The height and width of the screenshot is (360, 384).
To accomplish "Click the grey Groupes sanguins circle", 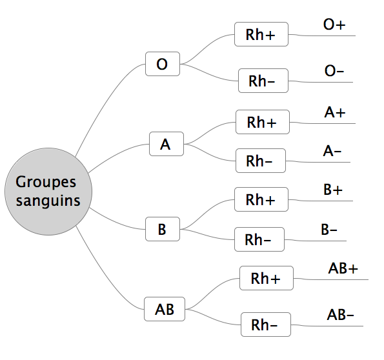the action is pos(48,192).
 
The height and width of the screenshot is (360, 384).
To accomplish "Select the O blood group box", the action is pos(163,64).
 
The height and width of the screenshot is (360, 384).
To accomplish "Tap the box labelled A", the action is pos(167,144).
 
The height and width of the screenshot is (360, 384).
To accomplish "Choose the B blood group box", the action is pos(163,229).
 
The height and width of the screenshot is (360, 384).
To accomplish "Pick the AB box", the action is pos(165,309).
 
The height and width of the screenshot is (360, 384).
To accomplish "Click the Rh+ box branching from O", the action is pos(261,34).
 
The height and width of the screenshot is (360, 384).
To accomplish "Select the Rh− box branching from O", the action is pos(263,81).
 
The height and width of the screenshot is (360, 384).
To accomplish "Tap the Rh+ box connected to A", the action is pos(263,122).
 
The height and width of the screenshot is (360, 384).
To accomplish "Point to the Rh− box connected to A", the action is pos(261,161).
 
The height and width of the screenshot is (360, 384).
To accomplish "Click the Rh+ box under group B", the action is pos(261,199).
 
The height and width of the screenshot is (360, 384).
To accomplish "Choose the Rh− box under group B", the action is pos(259,239).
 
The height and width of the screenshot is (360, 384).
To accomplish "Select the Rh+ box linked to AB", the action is pos(267,278).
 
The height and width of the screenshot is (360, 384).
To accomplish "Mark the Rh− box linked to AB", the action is pos(266,325).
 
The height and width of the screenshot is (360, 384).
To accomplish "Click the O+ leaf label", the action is pos(334,25).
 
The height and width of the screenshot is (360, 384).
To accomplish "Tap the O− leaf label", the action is pos(334,71).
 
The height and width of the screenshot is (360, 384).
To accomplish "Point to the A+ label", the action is pos(335,112).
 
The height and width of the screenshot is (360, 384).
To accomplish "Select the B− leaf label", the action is pos(329,230).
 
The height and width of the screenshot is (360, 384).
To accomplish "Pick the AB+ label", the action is pos(343,268).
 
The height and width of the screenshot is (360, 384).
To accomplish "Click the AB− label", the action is pos(340,315).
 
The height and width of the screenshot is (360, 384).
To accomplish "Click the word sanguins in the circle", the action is pos(48,201).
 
